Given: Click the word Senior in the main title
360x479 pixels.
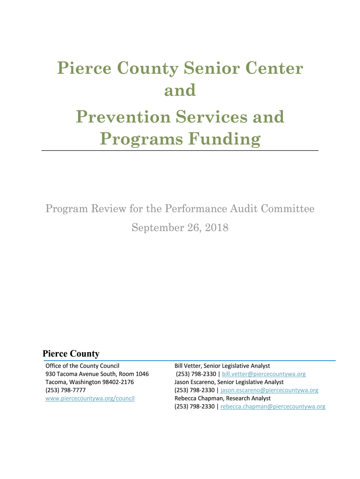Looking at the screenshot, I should click(x=209, y=69).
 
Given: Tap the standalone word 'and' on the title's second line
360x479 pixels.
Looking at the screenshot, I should click(x=180, y=90).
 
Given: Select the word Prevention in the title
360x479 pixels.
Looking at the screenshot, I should click(x=123, y=117).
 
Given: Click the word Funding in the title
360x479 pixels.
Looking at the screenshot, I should click(x=227, y=139).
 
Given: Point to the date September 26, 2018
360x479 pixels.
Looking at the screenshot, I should click(x=180, y=228).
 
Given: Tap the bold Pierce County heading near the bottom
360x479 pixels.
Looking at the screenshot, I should click(x=71, y=354).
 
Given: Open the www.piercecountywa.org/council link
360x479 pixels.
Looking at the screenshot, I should click(x=90, y=398).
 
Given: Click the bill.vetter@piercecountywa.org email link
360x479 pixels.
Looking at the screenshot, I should click(x=264, y=374).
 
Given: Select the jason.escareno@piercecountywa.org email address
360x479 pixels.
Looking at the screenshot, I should click(x=269, y=390).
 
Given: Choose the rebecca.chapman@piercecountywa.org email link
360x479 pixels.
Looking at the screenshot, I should click(x=273, y=406).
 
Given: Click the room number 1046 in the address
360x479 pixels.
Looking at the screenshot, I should click(x=142, y=374).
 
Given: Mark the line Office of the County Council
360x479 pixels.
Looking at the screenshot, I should click(x=82, y=366).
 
